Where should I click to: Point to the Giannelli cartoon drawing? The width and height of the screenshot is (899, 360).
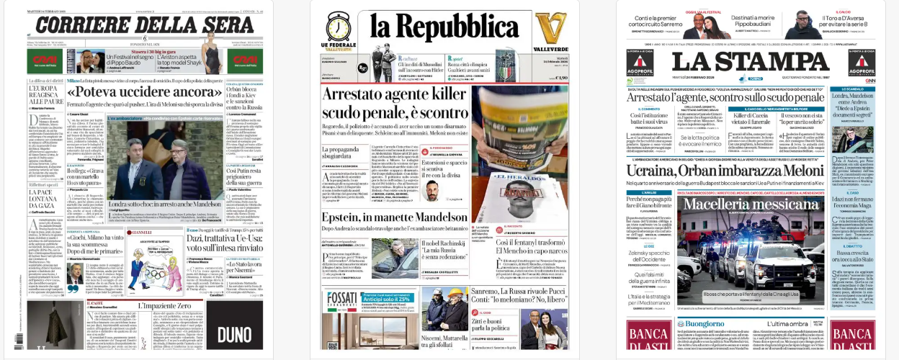147,266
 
